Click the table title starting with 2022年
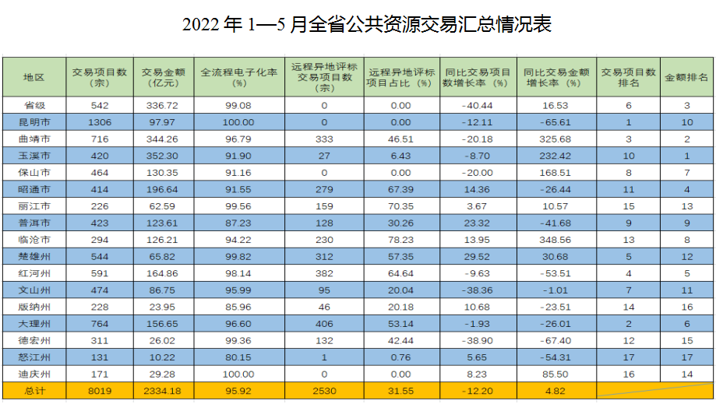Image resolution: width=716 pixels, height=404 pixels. click(367, 24)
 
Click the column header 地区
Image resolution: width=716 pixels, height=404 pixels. click(34, 77)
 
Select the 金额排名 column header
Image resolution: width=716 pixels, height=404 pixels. click(686, 77)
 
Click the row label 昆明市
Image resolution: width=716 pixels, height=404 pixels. click(34, 121)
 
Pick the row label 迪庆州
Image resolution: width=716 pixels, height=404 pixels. click(34, 374)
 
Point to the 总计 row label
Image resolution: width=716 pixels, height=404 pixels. click(34, 391)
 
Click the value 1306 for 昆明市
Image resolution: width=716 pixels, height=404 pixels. click(100, 121)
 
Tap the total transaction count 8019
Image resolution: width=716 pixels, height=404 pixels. click(100, 391)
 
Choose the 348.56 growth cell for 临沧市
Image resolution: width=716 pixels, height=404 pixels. click(556, 239)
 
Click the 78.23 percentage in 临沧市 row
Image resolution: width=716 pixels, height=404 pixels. click(400, 239)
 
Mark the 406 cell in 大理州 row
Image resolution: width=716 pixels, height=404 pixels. click(325, 323)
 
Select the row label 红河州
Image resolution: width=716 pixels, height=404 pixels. click(34, 272)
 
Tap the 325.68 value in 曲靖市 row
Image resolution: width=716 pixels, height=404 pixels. click(556, 139)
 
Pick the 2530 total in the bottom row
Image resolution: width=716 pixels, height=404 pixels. click(325, 391)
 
